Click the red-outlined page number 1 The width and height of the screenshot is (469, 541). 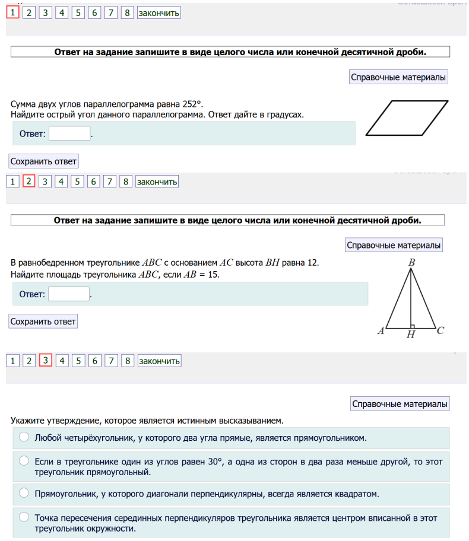pos(12,12)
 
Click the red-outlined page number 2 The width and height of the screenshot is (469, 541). pos(28,182)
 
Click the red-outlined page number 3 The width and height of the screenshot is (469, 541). pos(46,360)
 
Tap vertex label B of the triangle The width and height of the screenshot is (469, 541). pos(411,262)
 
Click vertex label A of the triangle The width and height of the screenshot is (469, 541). pos(381,331)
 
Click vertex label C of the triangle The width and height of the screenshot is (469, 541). pos(440,331)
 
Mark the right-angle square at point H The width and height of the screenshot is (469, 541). pos(413,326)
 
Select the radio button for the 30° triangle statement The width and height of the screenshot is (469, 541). pos(24,460)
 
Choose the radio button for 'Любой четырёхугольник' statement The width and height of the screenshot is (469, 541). pos(24,437)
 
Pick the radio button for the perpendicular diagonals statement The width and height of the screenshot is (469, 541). pos(24,493)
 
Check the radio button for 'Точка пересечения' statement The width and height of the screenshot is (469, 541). pos(24,517)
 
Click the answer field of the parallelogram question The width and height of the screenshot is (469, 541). pos(69,133)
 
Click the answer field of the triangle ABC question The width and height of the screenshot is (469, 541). pos(69,294)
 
